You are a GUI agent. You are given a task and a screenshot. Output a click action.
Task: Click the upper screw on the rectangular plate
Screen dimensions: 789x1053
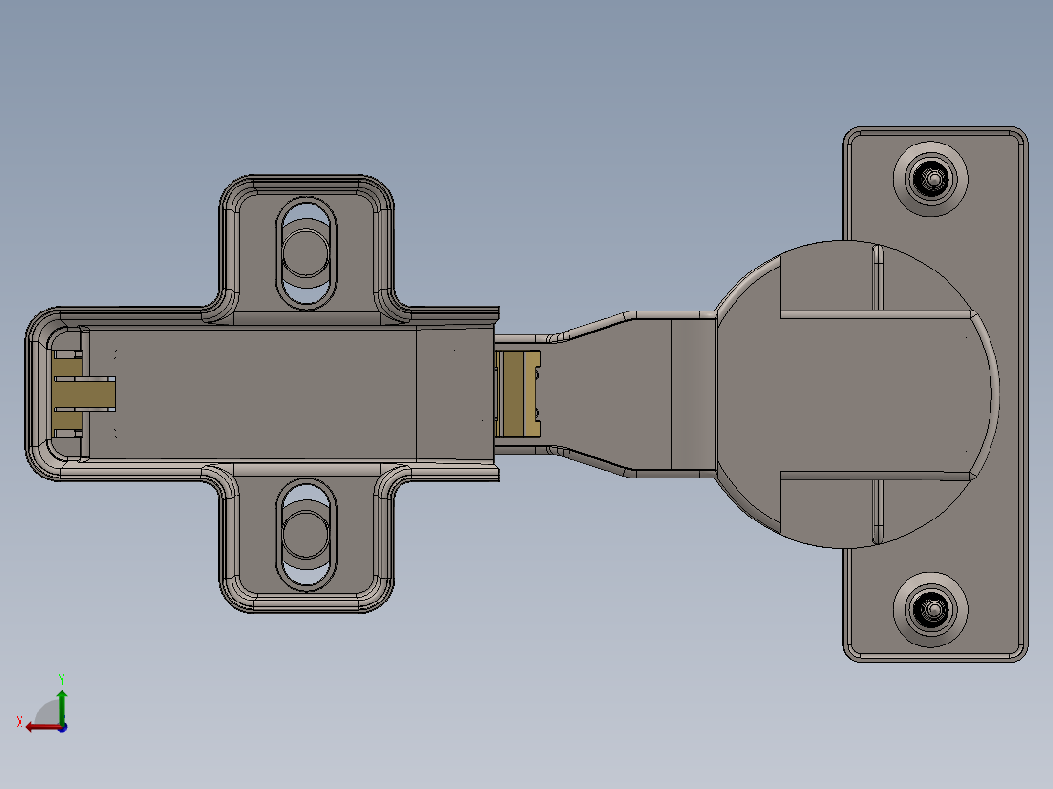point(932,179)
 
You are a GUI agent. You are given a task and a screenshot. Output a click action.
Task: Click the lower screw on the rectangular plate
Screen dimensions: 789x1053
point(932,609)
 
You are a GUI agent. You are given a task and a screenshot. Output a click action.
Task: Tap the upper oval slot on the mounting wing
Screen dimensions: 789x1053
point(307,253)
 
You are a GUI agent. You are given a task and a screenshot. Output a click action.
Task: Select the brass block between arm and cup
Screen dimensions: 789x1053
point(517,394)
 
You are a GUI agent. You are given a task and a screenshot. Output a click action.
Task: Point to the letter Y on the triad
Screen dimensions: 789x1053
point(61,678)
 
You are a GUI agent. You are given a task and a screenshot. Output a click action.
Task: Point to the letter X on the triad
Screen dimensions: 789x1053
point(20,722)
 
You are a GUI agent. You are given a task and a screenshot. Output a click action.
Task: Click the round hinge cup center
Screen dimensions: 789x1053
point(860,394)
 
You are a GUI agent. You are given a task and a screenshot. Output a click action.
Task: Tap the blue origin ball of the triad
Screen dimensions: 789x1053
point(63,727)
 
